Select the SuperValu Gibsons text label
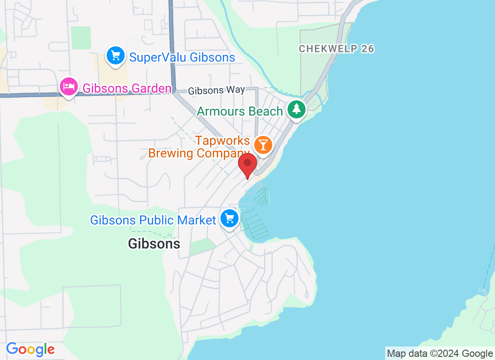182,58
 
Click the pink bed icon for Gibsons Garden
68,85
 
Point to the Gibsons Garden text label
126,88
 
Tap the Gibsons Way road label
216,90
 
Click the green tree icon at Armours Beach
296,109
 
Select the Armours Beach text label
240,111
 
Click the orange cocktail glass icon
262,145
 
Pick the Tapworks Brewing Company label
199,147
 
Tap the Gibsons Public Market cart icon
229,219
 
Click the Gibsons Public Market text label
153,220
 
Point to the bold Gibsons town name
154,244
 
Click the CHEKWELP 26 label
337,49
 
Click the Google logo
30,349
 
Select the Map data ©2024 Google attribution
440,354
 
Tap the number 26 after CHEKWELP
368,49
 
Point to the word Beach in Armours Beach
267,111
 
